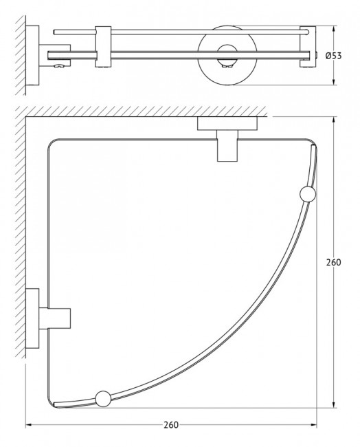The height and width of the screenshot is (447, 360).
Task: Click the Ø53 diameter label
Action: [333, 56]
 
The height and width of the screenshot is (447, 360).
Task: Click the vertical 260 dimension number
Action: [333, 262]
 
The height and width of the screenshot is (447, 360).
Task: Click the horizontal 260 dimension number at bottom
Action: [171, 425]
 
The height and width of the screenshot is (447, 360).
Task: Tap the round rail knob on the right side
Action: [308, 194]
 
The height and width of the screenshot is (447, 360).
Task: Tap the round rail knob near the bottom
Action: [103, 399]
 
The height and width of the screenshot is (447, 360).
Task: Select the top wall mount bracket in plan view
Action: [227, 139]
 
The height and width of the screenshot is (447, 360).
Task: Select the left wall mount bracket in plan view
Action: [48, 318]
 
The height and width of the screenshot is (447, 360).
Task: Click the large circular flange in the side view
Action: [227, 56]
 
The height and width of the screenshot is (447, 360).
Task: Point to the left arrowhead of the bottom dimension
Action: [28, 425]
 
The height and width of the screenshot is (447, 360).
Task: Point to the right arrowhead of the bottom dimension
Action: [314, 425]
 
